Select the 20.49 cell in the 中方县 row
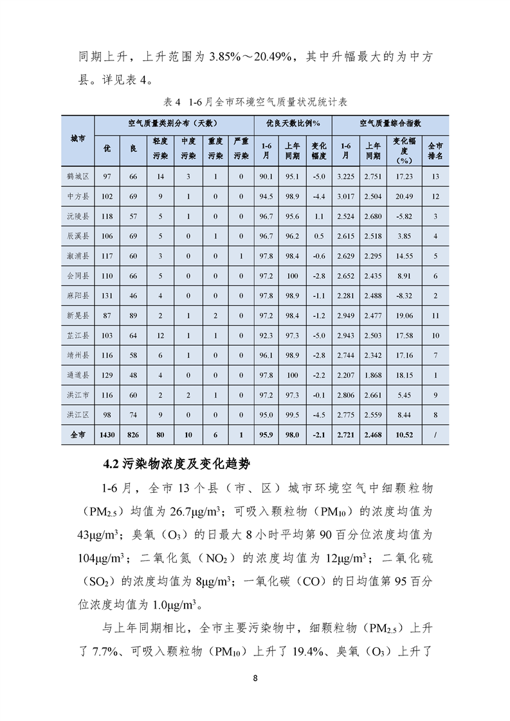pos(404,197)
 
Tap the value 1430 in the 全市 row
pos(107,435)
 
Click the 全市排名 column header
pos(435,151)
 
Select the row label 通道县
pos(78,375)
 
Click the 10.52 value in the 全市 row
pos(404,435)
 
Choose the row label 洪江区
pos(78,415)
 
